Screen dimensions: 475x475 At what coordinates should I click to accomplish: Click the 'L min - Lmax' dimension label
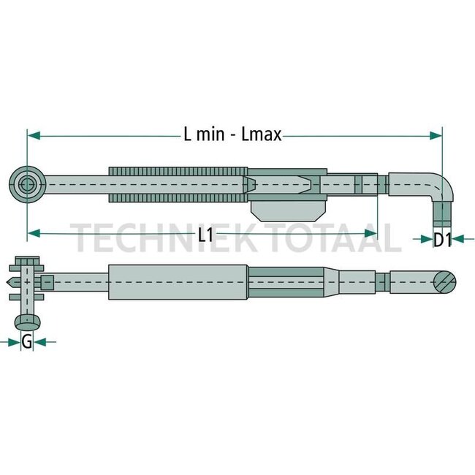232,135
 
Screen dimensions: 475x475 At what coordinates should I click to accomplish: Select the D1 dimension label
441,238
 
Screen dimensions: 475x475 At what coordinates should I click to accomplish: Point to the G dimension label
27,341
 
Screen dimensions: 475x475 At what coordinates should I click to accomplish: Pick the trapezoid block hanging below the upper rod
287,209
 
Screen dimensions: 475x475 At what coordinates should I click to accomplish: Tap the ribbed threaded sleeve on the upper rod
175,183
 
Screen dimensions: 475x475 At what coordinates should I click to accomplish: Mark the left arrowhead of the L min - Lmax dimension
33,135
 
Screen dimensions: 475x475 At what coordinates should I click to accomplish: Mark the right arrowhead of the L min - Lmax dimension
436,135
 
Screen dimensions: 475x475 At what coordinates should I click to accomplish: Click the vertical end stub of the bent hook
441,214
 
